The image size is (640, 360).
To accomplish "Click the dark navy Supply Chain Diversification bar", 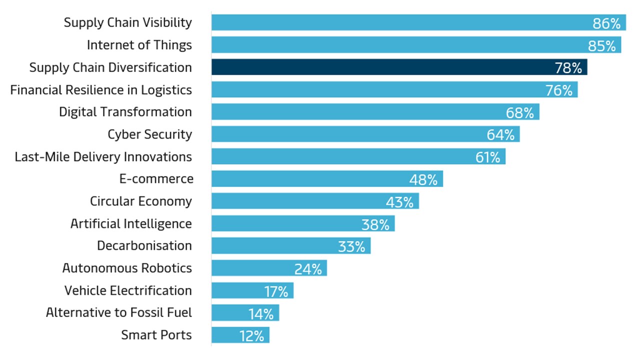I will [x=380, y=67].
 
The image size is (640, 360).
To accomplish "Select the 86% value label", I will [x=606, y=23].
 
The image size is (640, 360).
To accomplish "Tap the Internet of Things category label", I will [x=139, y=45].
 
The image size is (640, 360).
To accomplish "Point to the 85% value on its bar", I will [x=601, y=45].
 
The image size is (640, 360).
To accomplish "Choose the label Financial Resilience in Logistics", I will [x=101, y=90].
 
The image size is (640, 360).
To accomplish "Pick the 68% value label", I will [x=519, y=112].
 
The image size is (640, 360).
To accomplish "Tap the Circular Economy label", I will [x=140, y=201].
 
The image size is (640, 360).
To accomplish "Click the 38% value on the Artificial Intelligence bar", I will [x=375, y=224].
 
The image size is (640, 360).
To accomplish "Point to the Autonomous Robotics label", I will [x=127, y=268].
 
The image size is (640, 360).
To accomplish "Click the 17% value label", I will [x=276, y=291].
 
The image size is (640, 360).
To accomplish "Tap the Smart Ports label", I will [x=156, y=335].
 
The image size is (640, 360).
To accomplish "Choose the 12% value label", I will [x=251, y=336].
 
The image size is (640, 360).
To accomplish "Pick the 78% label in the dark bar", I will [x=568, y=67].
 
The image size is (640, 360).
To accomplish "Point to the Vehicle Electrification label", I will [x=127, y=290].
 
